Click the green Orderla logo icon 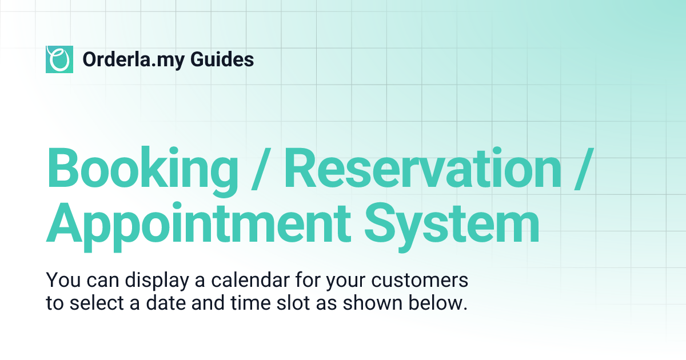coord(59,59)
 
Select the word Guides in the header coord(228,59)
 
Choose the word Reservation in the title coord(423,169)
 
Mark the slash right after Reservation coord(580,169)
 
